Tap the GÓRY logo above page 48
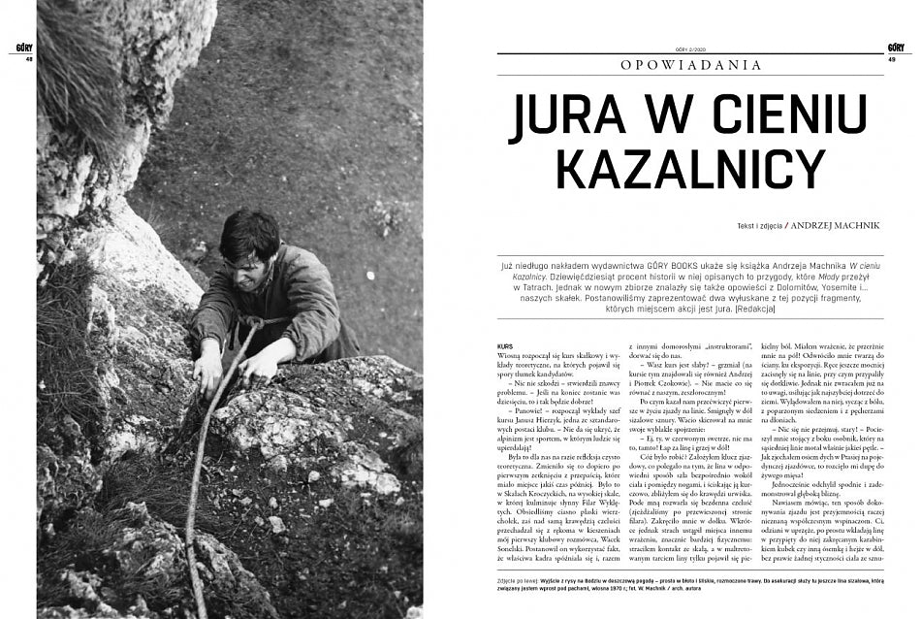(x=26, y=47)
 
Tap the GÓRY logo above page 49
(x=896, y=47)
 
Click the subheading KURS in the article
(x=502, y=345)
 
